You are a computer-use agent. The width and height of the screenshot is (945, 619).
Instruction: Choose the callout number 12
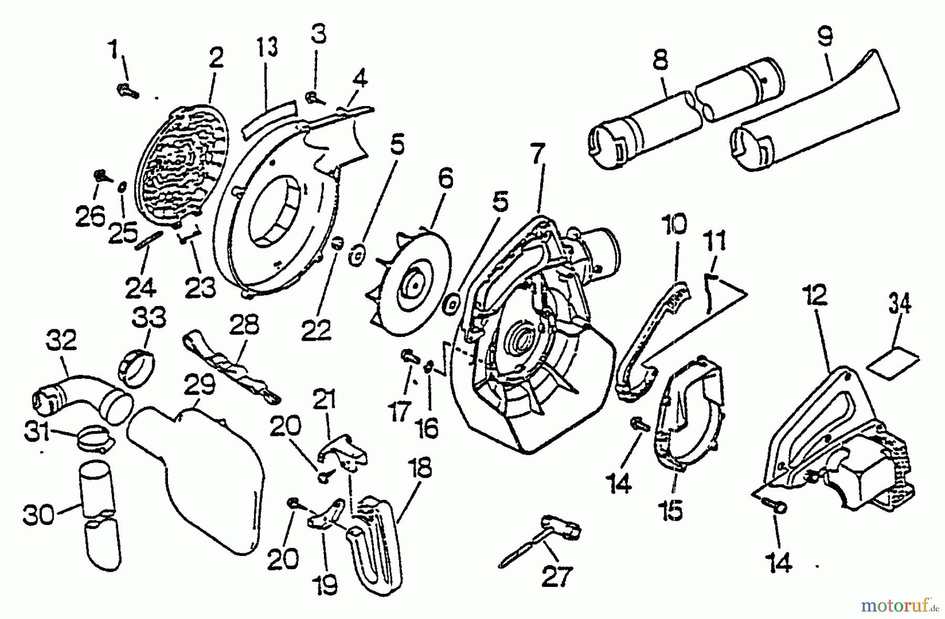click(x=813, y=295)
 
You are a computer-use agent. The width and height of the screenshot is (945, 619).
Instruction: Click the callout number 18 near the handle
click(x=423, y=469)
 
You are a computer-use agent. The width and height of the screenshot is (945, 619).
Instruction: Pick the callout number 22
click(x=316, y=330)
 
